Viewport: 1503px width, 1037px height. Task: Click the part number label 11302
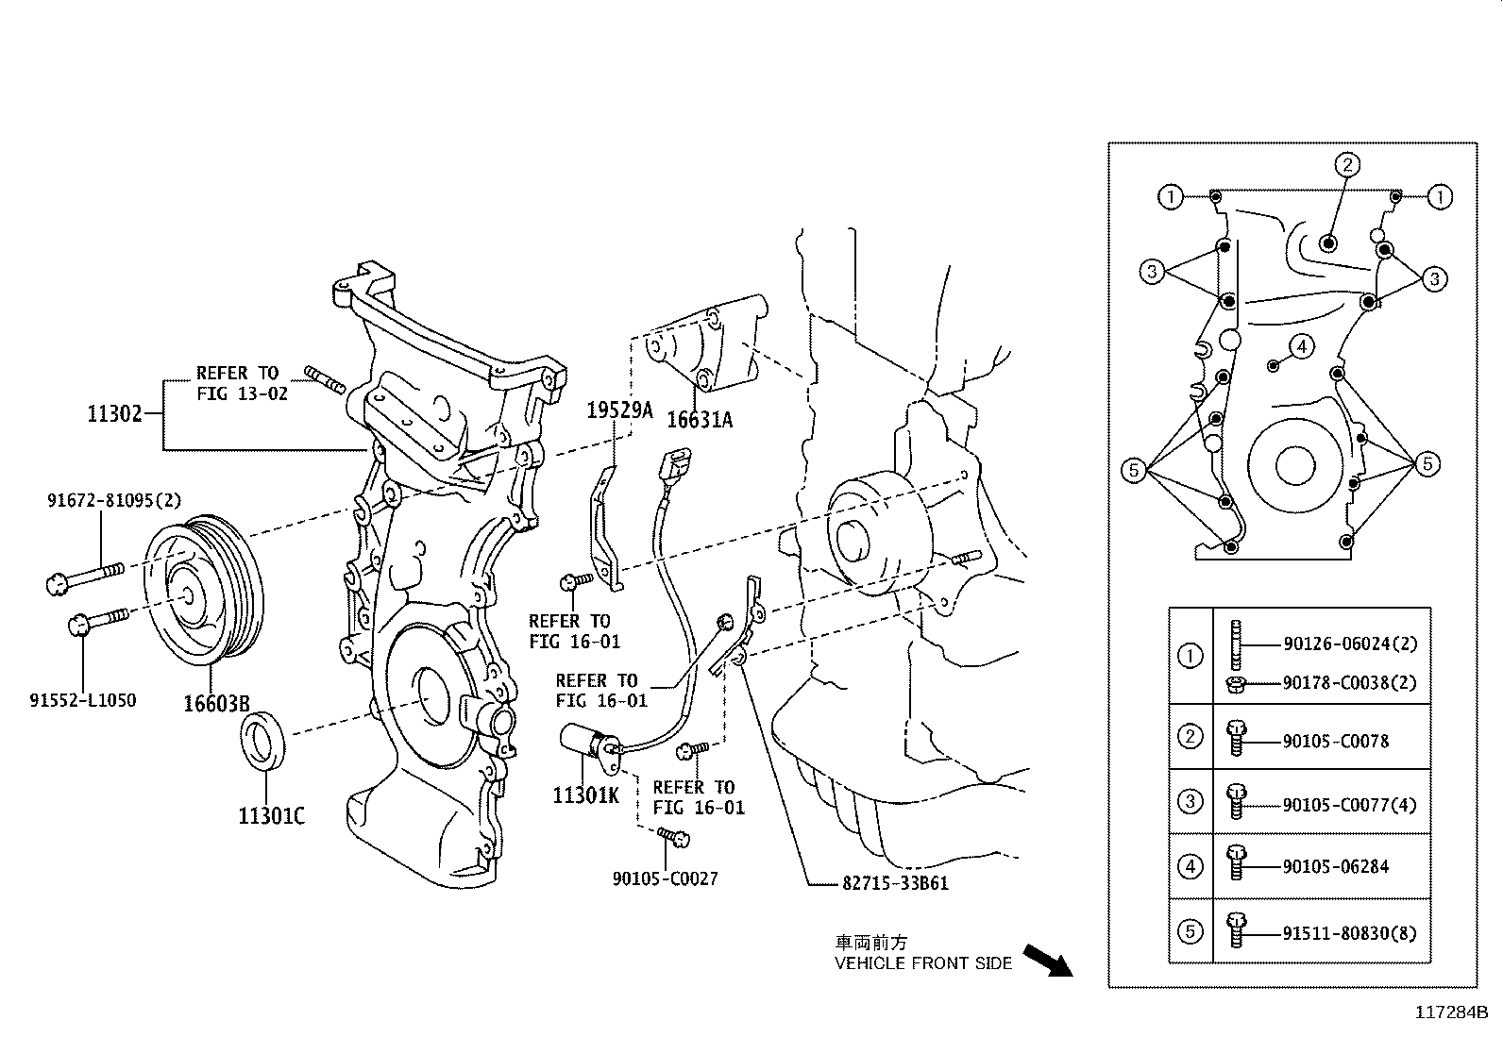point(115,414)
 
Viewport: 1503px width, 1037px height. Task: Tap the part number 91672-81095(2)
point(114,500)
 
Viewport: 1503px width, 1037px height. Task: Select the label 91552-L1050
point(82,700)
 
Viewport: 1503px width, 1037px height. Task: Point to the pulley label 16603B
point(217,704)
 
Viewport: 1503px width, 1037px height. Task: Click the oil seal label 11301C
point(272,816)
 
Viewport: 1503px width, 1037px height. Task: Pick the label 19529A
point(619,410)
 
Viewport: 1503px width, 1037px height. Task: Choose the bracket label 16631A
point(700,420)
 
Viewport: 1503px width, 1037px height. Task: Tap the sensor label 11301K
point(585,795)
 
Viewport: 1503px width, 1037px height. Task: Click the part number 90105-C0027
point(665,878)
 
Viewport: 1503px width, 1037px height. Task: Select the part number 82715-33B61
point(896,883)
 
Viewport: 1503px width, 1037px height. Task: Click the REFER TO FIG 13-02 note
point(242,383)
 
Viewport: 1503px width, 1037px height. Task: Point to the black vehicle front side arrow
point(1047,961)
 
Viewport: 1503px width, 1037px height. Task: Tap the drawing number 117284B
point(1451,1012)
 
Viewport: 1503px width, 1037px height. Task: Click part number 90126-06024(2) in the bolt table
point(1351,644)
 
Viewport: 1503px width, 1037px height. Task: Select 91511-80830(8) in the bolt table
point(1350,934)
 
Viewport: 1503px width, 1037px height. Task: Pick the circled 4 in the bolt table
point(1191,866)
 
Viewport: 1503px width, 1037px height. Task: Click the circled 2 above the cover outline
point(1347,165)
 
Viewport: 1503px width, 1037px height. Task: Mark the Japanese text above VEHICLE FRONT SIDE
point(871,943)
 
